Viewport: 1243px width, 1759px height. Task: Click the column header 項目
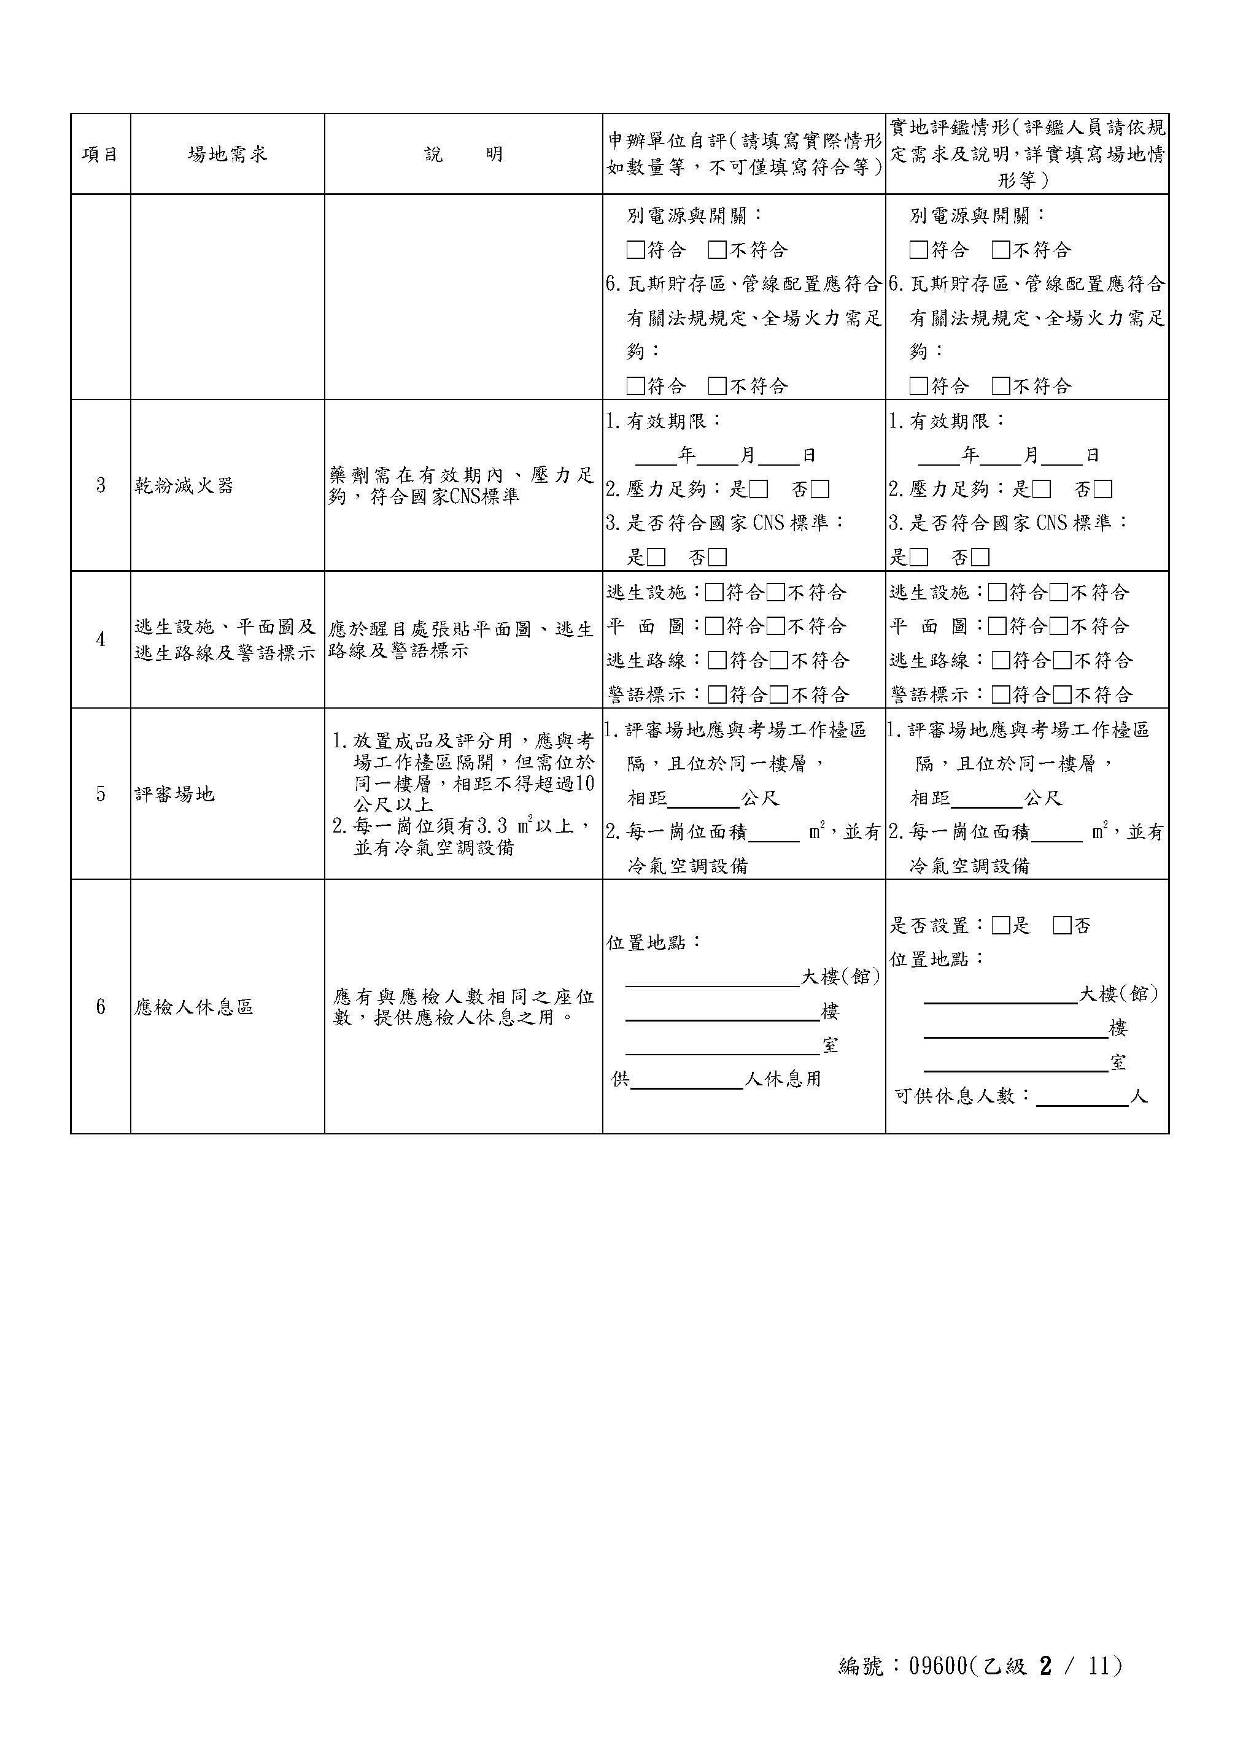pyautogui.click(x=101, y=154)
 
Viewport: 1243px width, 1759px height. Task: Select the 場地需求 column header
pyautogui.click(x=227, y=154)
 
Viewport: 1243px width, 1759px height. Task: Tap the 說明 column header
pyautogui.click(x=463, y=154)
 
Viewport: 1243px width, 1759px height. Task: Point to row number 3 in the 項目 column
pyautogui.click(x=101, y=485)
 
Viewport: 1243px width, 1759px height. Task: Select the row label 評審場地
pyautogui.click(x=175, y=794)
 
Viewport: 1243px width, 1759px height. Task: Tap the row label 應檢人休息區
pyautogui.click(x=194, y=1007)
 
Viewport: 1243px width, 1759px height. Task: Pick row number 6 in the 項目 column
pyautogui.click(x=101, y=1007)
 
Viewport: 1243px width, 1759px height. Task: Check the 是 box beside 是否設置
pyautogui.click(x=1001, y=925)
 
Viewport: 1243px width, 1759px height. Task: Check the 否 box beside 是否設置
pyautogui.click(x=1062, y=925)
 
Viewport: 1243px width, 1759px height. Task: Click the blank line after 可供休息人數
pyautogui.click(x=1082, y=1097)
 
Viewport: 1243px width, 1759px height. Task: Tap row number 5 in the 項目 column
pyautogui.click(x=101, y=794)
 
